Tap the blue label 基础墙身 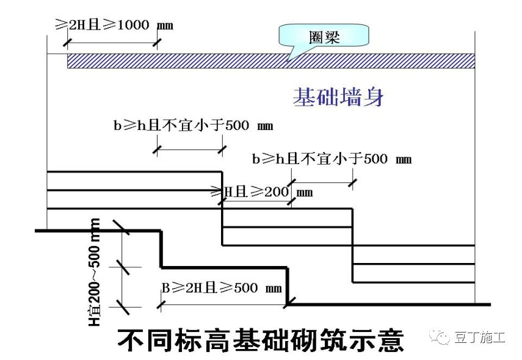(338, 98)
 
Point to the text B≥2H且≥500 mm (222, 287)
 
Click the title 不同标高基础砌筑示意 (260, 339)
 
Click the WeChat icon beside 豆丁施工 (440, 336)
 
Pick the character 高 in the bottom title (219, 339)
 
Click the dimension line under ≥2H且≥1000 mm (112, 42)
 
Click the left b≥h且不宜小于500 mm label (193, 126)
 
